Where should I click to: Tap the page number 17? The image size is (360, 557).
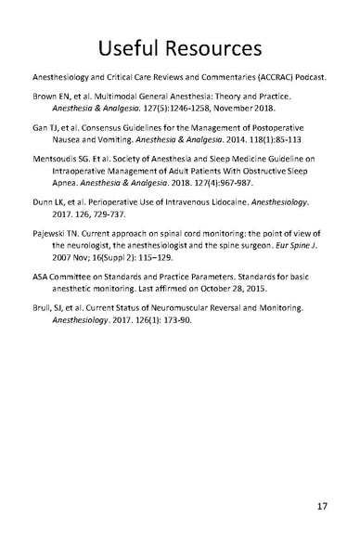pos(320,507)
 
